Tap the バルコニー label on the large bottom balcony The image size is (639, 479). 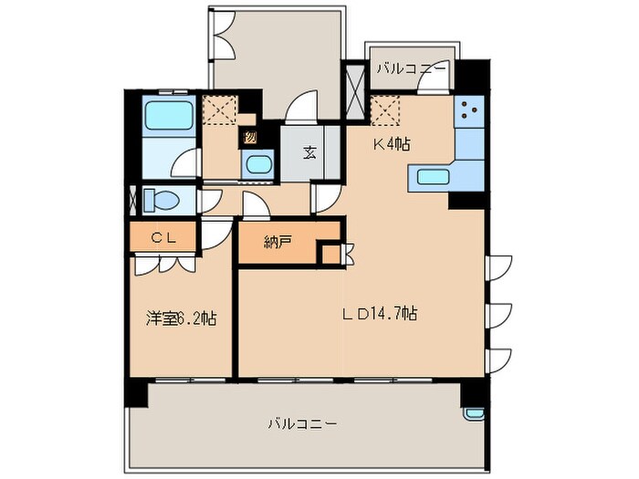coord(303,423)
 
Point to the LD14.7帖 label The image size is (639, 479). coord(380,314)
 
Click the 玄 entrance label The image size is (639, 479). coord(310,152)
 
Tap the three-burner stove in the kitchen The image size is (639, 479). coord(470,112)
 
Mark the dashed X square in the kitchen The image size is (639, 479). coord(387,112)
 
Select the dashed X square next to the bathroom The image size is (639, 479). coord(220,109)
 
